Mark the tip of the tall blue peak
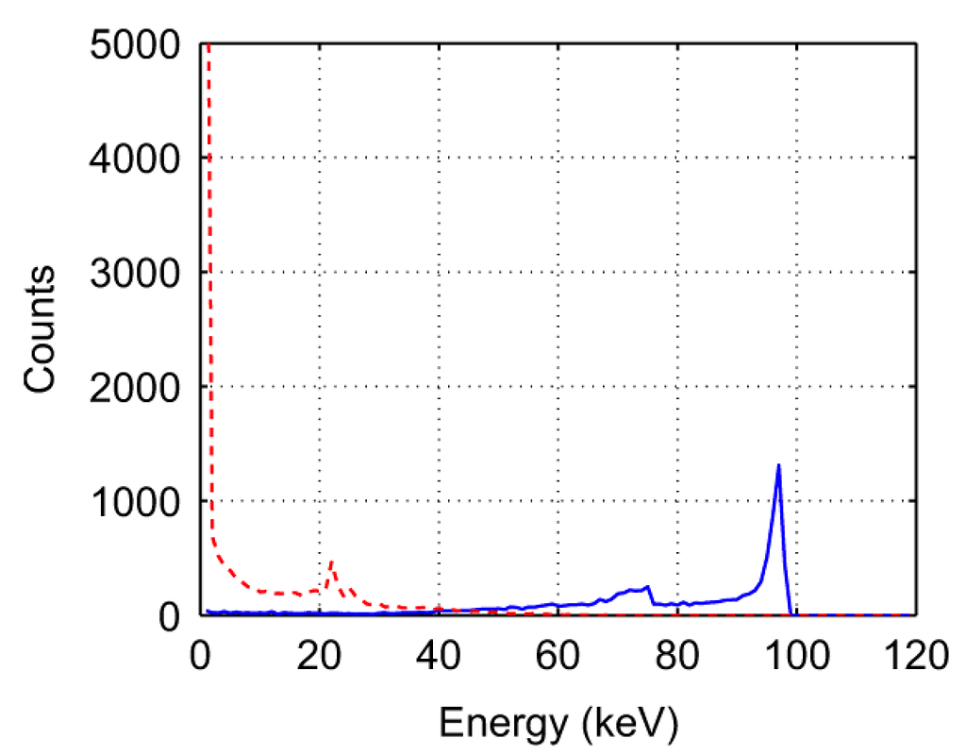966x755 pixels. click(x=778, y=464)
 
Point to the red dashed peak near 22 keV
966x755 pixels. click(x=332, y=562)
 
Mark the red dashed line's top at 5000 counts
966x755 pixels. click(x=207, y=44)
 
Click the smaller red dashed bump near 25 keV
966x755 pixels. click(x=350, y=589)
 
